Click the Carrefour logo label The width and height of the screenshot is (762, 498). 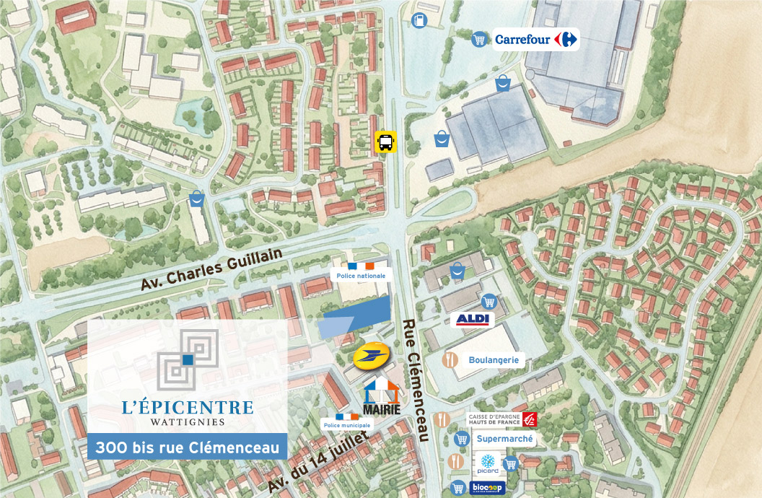[x=537, y=39]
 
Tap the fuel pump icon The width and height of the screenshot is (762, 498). [x=419, y=22]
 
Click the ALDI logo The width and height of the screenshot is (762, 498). [x=473, y=319]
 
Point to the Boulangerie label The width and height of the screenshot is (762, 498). [x=493, y=359]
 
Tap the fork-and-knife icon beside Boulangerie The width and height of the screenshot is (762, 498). [x=450, y=360]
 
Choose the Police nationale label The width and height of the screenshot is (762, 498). [x=361, y=275]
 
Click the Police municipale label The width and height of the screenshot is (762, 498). [x=347, y=425]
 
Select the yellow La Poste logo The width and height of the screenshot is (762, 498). [x=372, y=356]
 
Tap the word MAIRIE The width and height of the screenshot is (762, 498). [x=382, y=409]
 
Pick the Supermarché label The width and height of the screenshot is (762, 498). [x=505, y=438]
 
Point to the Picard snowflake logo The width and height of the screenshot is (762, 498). [x=488, y=462]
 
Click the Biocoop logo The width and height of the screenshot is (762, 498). [x=488, y=489]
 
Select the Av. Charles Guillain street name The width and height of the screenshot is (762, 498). [x=209, y=266]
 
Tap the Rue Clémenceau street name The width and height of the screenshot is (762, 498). [x=415, y=379]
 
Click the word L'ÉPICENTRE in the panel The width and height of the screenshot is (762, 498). [x=188, y=407]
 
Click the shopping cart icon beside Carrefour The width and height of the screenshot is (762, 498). [x=478, y=40]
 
